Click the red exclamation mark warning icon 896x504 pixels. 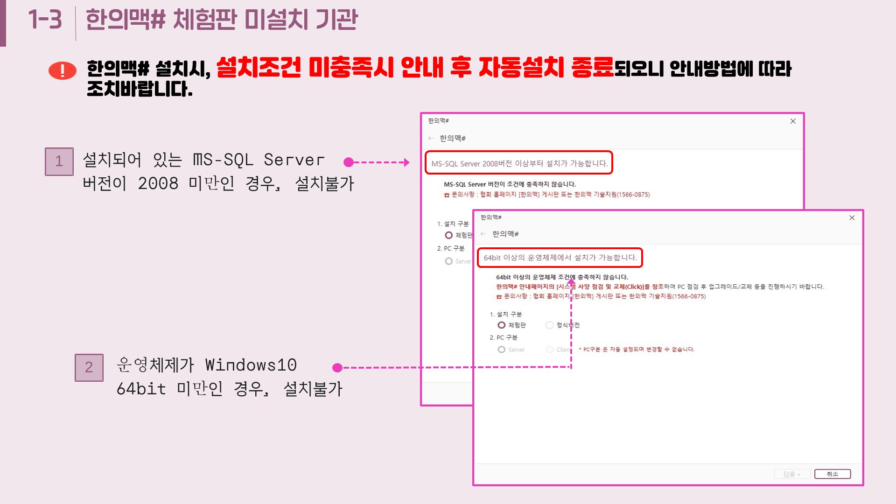(63, 70)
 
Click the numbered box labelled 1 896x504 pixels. (59, 161)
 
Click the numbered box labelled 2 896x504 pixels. (89, 367)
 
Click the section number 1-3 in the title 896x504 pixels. (45, 20)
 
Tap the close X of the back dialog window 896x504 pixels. (793, 121)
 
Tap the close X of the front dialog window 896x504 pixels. (852, 218)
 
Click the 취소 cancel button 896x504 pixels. (833, 474)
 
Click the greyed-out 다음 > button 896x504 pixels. (792, 474)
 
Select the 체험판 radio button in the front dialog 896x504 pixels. (502, 325)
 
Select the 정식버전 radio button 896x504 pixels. (550, 325)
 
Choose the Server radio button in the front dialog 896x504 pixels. (502, 350)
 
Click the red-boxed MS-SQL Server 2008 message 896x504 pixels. (519, 163)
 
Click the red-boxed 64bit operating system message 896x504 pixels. (560, 258)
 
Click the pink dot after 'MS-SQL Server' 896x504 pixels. (348, 162)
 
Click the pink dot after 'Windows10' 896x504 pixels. (337, 368)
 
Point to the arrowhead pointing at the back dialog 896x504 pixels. (407, 162)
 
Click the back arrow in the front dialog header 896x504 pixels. (483, 234)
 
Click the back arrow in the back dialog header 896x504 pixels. (431, 138)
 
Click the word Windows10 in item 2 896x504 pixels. (251, 365)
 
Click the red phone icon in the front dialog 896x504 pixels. (499, 297)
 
